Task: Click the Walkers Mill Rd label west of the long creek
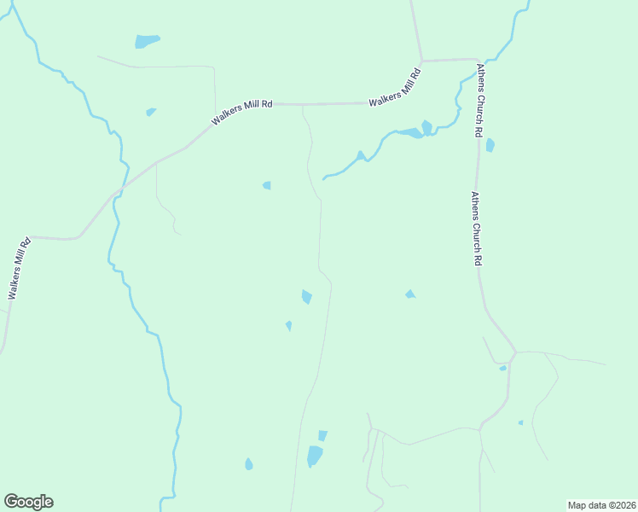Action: (x=20, y=268)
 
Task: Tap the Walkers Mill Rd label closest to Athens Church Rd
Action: (x=397, y=90)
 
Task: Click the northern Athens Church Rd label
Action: (x=482, y=100)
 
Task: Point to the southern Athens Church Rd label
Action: (x=478, y=229)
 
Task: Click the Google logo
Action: (x=28, y=502)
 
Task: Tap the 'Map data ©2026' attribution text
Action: (x=601, y=505)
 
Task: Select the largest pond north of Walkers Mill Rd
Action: (x=147, y=41)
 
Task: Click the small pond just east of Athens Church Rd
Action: (x=490, y=145)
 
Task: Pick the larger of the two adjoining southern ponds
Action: (x=315, y=457)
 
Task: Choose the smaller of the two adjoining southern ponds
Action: (x=322, y=435)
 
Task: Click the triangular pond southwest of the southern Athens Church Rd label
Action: (x=410, y=294)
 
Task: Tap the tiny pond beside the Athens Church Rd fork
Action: (x=502, y=369)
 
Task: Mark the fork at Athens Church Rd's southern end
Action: (x=514, y=352)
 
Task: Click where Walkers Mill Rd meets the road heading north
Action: (x=421, y=61)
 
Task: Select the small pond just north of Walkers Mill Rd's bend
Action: (x=151, y=112)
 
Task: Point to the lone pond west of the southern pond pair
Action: (x=248, y=464)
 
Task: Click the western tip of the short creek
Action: (x=323, y=178)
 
